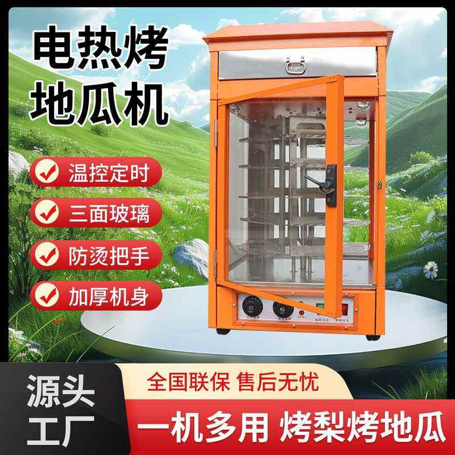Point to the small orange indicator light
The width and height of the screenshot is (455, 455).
[x=301, y=313]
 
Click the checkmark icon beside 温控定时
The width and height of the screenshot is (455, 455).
[x=46, y=171]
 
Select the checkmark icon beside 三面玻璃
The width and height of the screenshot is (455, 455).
[x=46, y=213]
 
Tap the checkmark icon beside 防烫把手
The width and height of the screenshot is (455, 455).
[x=46, y=255]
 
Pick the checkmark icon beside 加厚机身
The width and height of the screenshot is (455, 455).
[x=46, y=296]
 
